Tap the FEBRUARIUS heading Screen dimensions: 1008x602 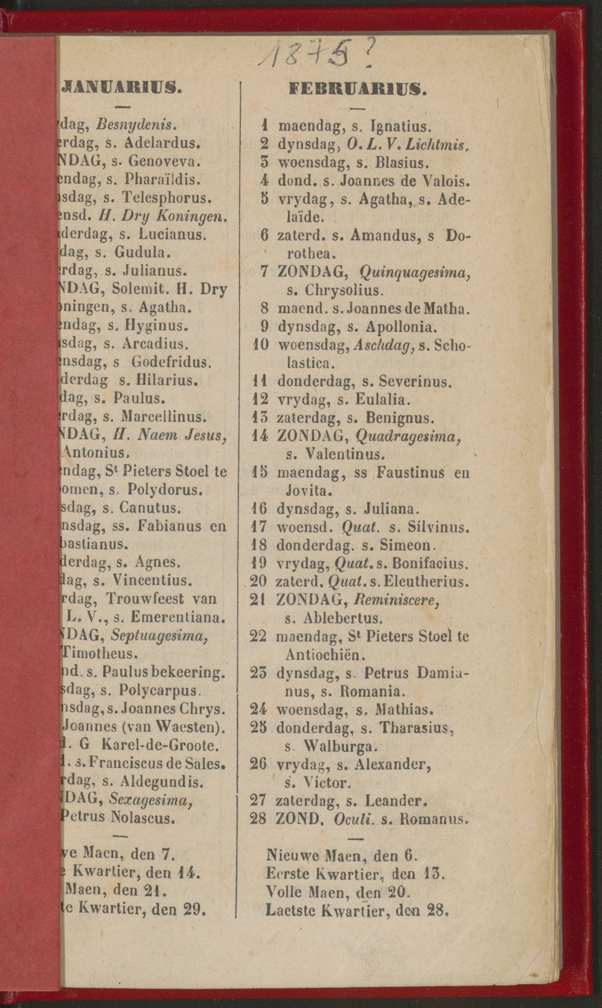tap(358, 89)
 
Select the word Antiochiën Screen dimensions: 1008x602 tap(325, 654)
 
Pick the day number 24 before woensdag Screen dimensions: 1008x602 tap(259, 708)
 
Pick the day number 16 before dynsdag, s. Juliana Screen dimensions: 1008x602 tap(259, 508)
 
